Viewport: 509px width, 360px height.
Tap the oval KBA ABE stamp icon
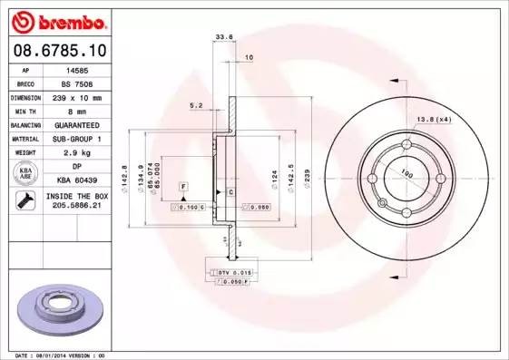click(27, 174)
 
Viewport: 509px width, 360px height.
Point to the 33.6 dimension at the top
click(220, 37)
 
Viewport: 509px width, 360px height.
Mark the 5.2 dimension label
click(195, 105)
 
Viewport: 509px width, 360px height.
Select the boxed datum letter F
click(183, 186)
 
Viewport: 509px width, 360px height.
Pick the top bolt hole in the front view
click(406, 144)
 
